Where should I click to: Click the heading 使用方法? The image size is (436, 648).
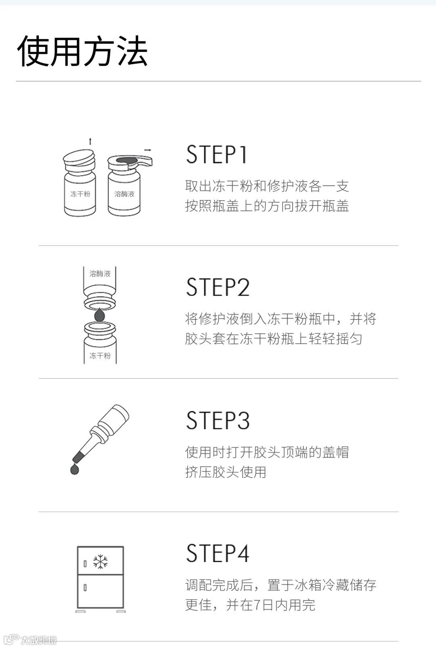(82, 52)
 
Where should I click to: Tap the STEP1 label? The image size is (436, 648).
(216, 155)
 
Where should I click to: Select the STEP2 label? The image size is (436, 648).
(218, 287)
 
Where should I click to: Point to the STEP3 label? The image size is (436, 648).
(218, 420)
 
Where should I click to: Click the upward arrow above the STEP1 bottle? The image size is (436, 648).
(90, 141)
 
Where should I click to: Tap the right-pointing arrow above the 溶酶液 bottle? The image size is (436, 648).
(148, 150)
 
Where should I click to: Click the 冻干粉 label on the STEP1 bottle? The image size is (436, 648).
(80, 194)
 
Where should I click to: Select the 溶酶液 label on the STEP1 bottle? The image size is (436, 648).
(124, 194)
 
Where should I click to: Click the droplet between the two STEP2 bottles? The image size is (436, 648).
(99, 315)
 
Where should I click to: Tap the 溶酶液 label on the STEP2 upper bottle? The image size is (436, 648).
(100, 274)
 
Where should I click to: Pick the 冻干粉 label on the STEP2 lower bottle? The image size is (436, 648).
(100, 356)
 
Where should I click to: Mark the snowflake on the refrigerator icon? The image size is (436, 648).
(101, 562)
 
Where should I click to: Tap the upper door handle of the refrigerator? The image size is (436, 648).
(85, 564)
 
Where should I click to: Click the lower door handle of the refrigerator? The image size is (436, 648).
(85, 587)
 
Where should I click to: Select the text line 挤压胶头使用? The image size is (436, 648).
(225, 472)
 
